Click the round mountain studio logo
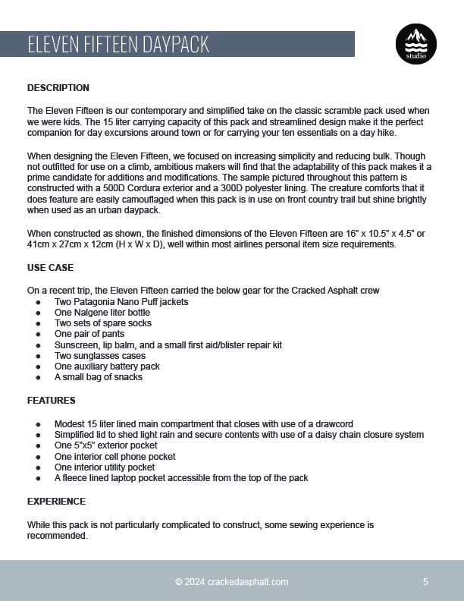[415, 44]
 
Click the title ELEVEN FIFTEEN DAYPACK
[118, 45]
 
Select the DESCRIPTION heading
[58, 88]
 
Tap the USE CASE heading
[51, 268]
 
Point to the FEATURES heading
[52, 400]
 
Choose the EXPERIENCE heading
[56, 502]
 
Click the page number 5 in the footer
[425, 582]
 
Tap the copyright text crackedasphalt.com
[232, 582]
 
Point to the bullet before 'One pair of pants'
[39, 334]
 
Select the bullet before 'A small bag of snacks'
[39, 377]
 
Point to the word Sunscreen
[76, 345]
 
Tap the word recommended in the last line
[58, 535]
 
